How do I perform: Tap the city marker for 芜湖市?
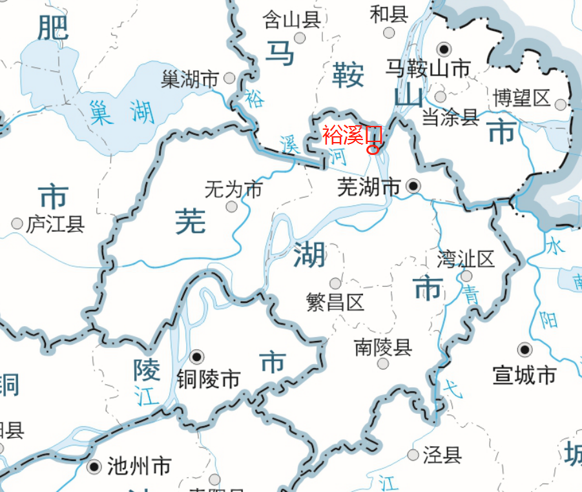(413, 187)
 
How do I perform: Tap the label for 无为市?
(233, 190)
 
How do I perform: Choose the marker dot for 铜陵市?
(197, 356)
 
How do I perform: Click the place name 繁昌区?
(335, 302)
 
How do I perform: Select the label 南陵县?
(383, 347)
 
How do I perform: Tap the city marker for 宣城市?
(525, 350)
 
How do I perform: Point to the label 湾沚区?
(466, 260)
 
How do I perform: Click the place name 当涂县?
(451, 117)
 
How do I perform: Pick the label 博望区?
(521, 98)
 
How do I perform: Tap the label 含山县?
(292, 20)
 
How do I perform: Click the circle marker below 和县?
(389, 32)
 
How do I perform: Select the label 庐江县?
(56, 224)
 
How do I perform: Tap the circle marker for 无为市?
(231, 207)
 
